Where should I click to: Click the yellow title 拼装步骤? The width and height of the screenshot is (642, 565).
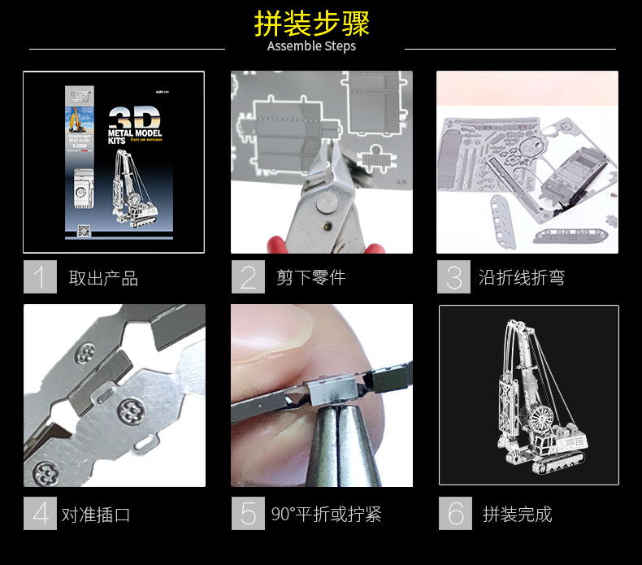point(312,24)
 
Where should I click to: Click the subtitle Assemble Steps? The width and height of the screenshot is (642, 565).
point(312,46)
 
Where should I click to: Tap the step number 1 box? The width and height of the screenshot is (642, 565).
point(40,276)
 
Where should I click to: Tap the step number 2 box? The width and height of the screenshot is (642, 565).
point(248,276)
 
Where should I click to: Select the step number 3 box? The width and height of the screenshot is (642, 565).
point(453,276)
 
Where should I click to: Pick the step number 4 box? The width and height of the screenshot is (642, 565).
point(40,513)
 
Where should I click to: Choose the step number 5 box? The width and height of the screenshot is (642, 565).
point(248,513)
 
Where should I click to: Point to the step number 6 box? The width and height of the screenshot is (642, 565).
point(455,513)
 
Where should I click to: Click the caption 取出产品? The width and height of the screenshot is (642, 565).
point(103,278)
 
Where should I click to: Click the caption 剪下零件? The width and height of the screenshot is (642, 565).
point(310,278)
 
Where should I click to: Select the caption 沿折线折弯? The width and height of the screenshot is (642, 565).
point(522,278)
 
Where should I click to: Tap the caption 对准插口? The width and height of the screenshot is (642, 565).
point(95,515)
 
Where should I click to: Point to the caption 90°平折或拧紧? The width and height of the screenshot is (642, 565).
point(326,515)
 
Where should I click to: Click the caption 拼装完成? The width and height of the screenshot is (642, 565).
point(517,515)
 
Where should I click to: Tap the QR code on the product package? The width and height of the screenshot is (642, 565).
point(82,229)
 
